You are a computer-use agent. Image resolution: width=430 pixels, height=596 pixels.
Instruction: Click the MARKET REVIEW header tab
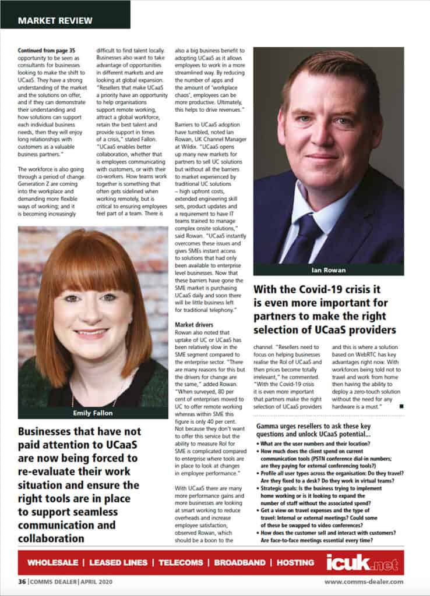pyautogui.click(x=55, y=20)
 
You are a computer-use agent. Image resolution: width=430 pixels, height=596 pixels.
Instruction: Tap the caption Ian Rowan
pyautogui.click(x=328, y=270)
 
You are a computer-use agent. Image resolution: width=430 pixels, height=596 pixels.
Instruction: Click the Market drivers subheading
pyautogui.click(x=195, y=324)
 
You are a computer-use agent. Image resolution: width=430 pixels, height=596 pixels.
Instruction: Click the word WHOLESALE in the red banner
pyautogui.click(x=53, y=563)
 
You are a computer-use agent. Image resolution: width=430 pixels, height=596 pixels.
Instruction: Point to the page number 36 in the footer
pyautogui.click(x=22, y=581)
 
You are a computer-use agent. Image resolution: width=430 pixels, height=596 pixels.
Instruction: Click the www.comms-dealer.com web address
pyautogui.click(x=364, y=581)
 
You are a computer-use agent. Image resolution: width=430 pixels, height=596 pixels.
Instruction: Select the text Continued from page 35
pyautogui.click(x=47, y=51)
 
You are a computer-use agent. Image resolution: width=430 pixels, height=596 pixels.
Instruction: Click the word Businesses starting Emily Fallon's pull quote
pyautogui.click(x=50, y=432)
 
